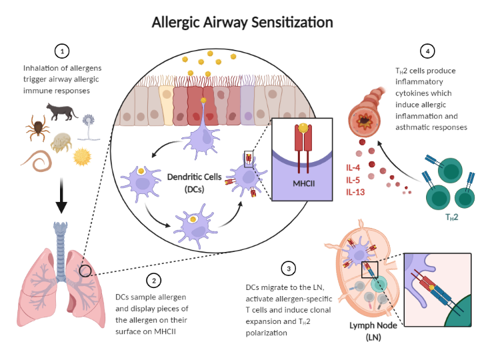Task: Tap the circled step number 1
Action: click(62, 51)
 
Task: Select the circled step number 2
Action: click(155, 280)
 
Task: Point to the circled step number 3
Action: click(288, 269)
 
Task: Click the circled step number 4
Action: click(427, 51)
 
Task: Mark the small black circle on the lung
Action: click(85, 271)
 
